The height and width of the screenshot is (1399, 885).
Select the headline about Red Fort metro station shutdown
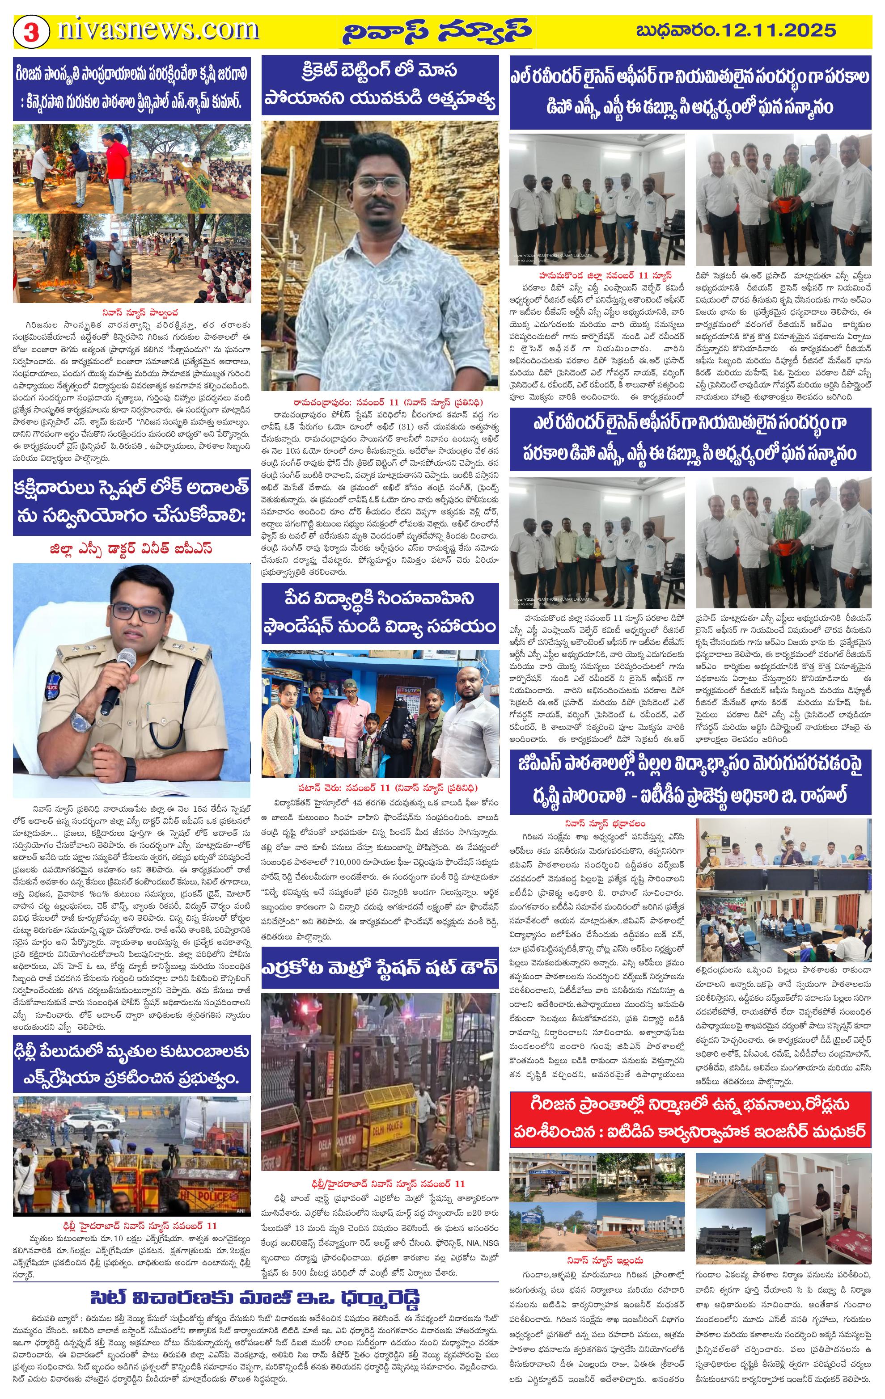[380, 968]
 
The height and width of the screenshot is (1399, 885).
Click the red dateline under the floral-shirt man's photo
[380, 402]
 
